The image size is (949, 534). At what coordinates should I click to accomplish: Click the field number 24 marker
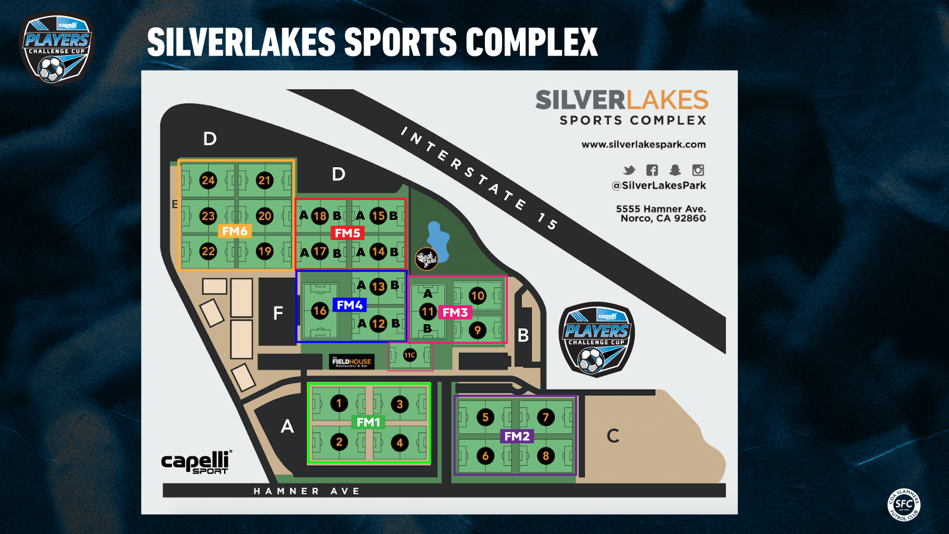pyautogui.click(x=207, y=180)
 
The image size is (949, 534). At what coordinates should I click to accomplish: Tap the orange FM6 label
pyautogui.click(x=235, y=231)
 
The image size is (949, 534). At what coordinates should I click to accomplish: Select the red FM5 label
pyautogui.click(x=347, y=233)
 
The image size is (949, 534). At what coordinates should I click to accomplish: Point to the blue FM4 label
pyautogui.click(x=350, y=305)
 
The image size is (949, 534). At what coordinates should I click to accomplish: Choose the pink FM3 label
pyautogui.click(x=455, y=312)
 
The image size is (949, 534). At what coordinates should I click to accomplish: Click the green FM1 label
pyautogui.click(x=368, y=422)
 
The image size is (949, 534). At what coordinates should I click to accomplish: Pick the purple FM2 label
pyautogui.click(x=517, y=436)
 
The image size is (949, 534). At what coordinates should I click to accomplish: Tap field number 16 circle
pyautogui.click(x=319, y=311)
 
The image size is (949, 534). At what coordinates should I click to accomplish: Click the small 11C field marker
pyautogui.click(x=410, y=356)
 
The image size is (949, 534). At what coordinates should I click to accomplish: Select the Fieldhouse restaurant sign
pyautogui.click(x=352, y=362)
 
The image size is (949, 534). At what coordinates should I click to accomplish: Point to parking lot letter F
pyautogui.click(x=278, y=313)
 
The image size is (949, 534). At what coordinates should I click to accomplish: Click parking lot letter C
pyautogui.click(x=613, y=436)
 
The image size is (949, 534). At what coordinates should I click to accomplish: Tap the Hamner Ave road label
pyautogui.click(x=306, y=491)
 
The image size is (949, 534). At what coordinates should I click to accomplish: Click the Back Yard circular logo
pyautogui.click(x=426, y=258)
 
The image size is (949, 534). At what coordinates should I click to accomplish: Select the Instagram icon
pyautogui.click(x=698, y=170)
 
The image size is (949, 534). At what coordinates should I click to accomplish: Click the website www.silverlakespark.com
pyautogui.click(x=643, y=145)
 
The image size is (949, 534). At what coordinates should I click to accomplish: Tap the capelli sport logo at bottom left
pyautogui.click(x=196, y=462)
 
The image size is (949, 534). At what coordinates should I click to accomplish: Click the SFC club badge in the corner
pyautogui.click(x=903, y=505)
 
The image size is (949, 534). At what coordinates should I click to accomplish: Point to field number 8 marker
pyautogui.click(x=546, y=456)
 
